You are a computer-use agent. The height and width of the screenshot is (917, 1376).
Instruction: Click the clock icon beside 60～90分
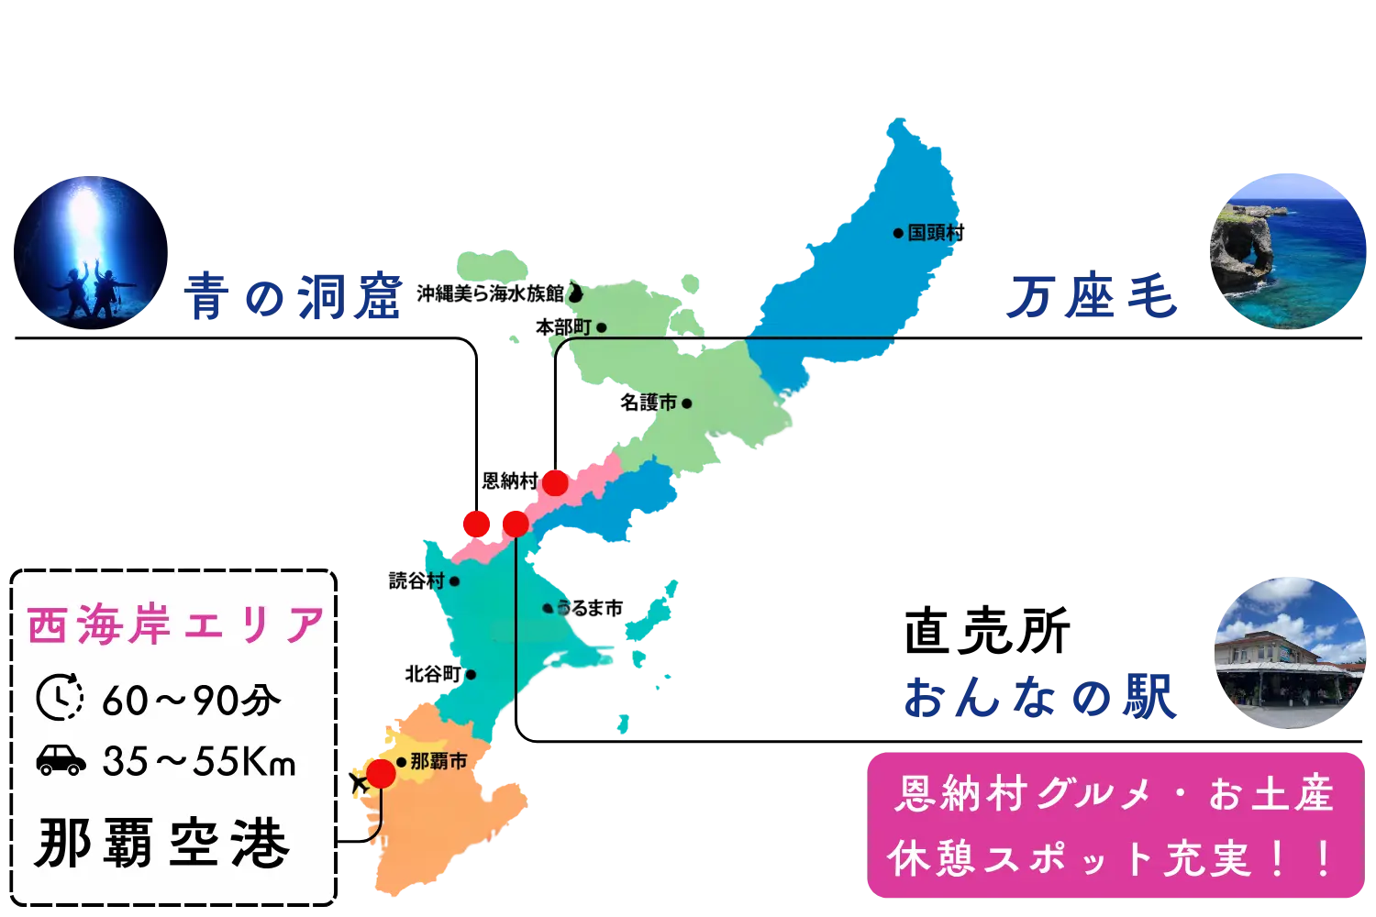(x=60, y=698)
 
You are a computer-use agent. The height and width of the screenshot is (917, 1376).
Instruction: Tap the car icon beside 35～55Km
(x=61, y=760)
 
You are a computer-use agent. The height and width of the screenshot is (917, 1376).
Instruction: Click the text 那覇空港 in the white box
(x=162, y=843)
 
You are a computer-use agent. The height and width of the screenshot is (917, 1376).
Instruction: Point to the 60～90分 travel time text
(x=192, y=701)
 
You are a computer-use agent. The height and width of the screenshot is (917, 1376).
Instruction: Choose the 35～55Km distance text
(x=199, y=761)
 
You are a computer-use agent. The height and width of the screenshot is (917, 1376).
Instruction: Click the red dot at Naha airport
(x=380, y=774)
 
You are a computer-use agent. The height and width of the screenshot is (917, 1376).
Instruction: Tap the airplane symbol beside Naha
(x=353, y=782)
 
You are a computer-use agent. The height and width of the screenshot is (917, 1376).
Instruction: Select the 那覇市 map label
(x=438, y=761)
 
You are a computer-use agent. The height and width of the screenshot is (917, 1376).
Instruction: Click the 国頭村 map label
(x=933, y=233)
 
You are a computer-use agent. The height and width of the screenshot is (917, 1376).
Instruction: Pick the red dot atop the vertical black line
(x=516, y=524)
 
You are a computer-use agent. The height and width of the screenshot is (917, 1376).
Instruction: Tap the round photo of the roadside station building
(x=1289, y=652)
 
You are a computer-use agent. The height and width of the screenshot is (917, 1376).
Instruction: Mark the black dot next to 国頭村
(x=898, y=233)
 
